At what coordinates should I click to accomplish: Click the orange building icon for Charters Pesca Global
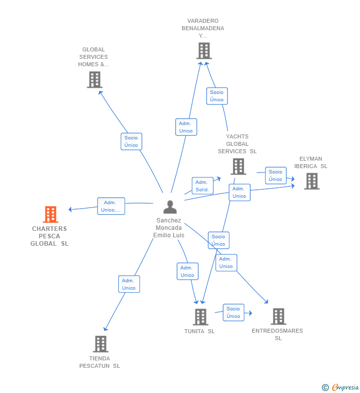(50, 215)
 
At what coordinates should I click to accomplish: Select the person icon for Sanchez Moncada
(170, 207)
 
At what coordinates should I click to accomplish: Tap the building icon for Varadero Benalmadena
(204, 51)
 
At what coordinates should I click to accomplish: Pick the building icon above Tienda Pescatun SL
(100, 344)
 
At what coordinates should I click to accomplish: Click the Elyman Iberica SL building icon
(312, 181)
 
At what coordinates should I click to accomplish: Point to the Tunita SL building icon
(200, 317)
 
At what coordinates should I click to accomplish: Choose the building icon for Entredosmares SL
(278, 316)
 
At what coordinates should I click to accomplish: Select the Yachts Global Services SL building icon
(238, 167)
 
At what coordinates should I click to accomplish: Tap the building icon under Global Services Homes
(94, 80)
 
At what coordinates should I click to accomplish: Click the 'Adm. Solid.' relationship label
(202, 186)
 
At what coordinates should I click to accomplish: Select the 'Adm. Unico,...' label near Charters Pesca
(111, 206)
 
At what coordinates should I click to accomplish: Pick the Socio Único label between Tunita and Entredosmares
(233, 312)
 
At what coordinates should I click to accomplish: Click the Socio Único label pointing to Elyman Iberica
(275, 175)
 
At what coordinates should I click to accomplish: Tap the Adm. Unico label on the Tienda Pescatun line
(129, 284)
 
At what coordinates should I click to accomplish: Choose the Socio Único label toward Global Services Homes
(131, 141)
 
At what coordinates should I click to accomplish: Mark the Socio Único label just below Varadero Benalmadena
(217, 96)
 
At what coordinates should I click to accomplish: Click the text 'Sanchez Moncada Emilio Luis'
(169, 228)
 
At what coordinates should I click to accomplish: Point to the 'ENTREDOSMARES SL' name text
(277, 334)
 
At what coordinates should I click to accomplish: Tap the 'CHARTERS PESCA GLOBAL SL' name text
(49, 236)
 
